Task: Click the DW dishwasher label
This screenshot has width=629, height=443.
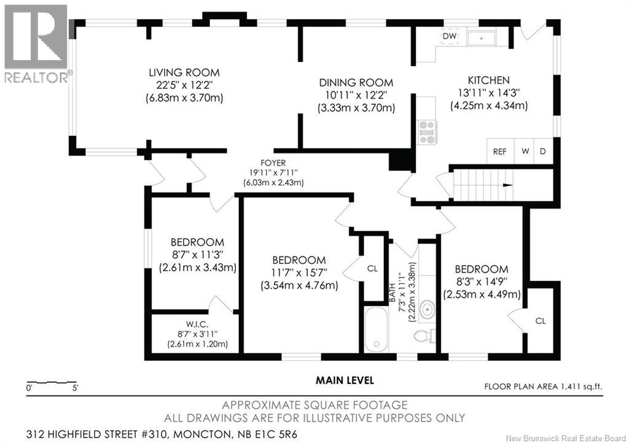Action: (x=450, y=36)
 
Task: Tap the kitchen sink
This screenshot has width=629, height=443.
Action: (x=482, y=37)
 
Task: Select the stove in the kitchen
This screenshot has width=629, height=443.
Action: (x=428, y=132)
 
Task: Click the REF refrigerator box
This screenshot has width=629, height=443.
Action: (x=500, y=151)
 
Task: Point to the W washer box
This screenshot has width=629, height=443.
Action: (x=525, y=151)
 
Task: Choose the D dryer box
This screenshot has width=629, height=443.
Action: (x=543, y=151)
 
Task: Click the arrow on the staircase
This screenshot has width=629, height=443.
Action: (x=508, y=185)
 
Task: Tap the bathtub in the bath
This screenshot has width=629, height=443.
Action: (x=377, y=329)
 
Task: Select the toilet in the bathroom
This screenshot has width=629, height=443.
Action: (x=425, y=336)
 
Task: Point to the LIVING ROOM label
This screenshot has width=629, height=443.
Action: (x=184, y=72)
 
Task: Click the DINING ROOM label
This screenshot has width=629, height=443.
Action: (x=356, y=82)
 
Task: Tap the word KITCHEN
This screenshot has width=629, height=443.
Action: (x=488, y=80)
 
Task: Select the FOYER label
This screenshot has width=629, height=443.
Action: (x=273, y=163)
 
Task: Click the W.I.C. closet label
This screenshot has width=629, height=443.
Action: (x=197, y=325)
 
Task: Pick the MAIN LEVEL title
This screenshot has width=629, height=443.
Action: (x=345, y=380)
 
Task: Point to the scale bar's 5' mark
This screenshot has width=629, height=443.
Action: (x=75, y=388)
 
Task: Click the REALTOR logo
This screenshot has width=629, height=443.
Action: (x=36, y=44)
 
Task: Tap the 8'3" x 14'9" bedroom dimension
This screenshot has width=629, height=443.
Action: (x=482, y=282)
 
